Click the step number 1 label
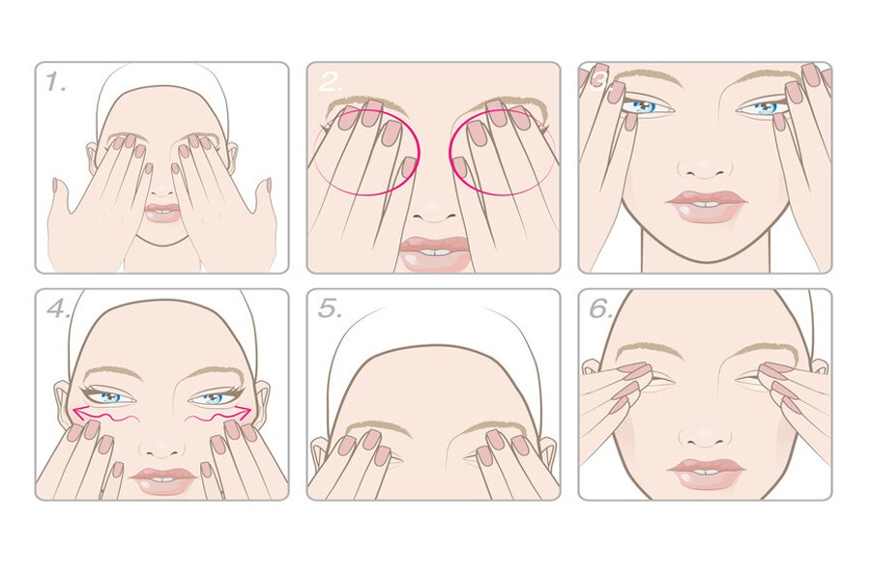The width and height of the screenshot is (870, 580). click(x=55, y=82)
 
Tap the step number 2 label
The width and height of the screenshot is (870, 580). click(x=331, y=82)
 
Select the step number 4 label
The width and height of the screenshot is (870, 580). click(x=58, y=308)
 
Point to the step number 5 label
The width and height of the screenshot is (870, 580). click(x=330, y=308)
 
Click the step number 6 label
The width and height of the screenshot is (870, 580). click(x=601, y=308)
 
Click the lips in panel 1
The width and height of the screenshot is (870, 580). click(x=162, y=213)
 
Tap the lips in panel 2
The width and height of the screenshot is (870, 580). click(x=434, y=253)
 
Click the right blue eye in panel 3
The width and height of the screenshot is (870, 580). click(x=764, y=107)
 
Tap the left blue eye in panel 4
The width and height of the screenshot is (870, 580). click(x=111, y=397)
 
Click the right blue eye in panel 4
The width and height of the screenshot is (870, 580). click(x=213, y=397)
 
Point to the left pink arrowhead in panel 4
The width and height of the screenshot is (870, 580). click(x=79, y=412)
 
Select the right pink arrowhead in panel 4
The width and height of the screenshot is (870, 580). click(x=245, y=411)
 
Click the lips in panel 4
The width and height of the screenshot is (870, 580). click(x=163, y=480)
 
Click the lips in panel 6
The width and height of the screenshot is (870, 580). click(x=707, y=474)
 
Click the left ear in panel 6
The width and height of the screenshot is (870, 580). click(x=592, y=366)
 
